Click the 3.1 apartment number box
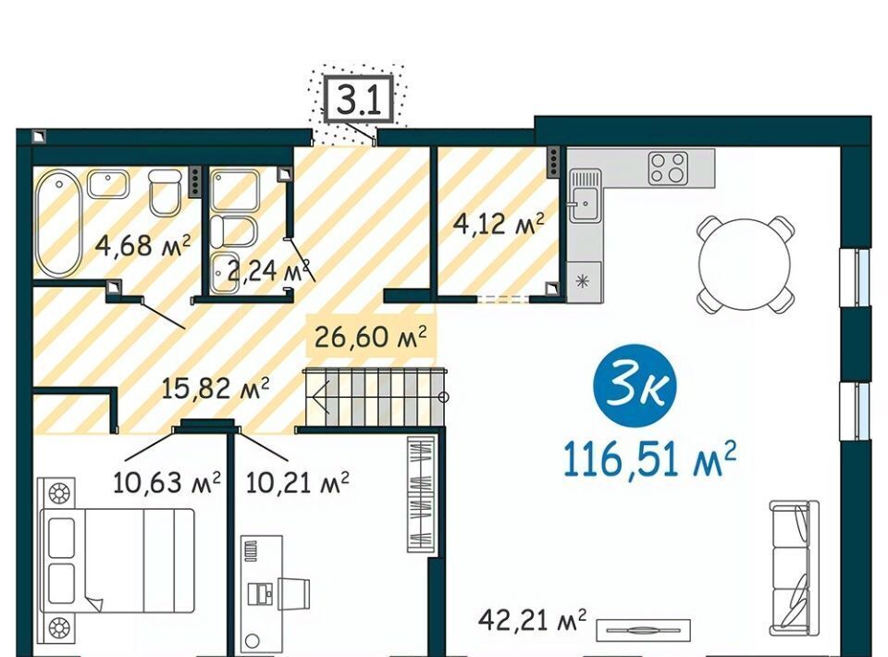click(x=358, y=99)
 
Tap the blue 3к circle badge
click(x=635, y=388)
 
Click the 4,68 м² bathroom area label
click(x=142, y=245)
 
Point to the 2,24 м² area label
click(x=269, y=270)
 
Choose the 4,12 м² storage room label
click(x=499, y=224)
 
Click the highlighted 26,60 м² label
click(x=370, y=337)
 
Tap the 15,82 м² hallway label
click(x=216, y=389)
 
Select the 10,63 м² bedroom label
click(x=166, y=483)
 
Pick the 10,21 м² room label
click(x=297, y=483)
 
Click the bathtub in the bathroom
click(x=57, y=223)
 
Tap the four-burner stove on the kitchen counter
click(x=668, y=167)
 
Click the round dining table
click(x=744, y=264)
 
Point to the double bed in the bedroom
click(x=117, y=560)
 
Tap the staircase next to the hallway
click(x=375, y=396)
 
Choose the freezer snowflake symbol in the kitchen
click(x=582, y=281)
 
